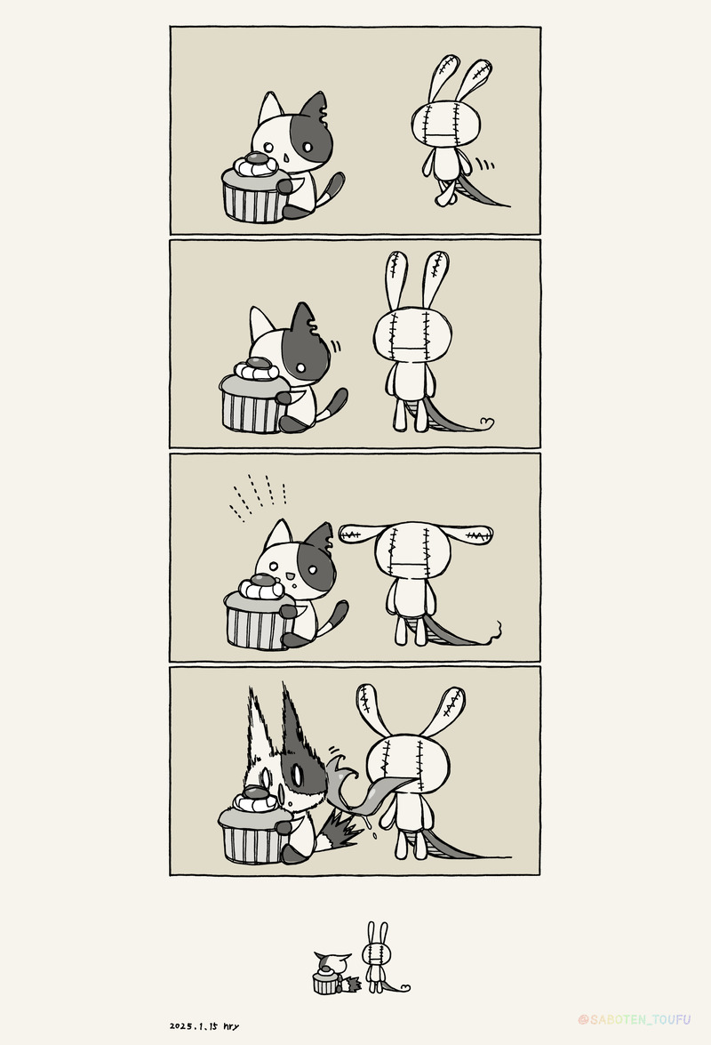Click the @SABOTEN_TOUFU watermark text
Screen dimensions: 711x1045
tap(635, 1020)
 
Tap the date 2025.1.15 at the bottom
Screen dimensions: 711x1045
tap(194, 1026)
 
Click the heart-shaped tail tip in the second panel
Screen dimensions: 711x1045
tap(487, 422)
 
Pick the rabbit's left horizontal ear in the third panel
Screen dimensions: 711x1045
tap(359, 534)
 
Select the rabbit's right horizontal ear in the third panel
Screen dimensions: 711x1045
tap(468, 534)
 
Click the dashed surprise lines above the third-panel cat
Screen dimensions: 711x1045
tap(259, 496)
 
